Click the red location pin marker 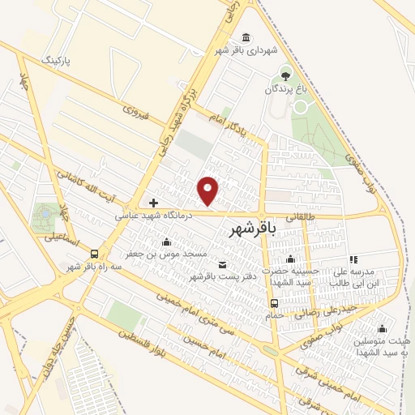(x=209, y=191)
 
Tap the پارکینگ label (x=56, y=61)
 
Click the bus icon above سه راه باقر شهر (x=95, y=254)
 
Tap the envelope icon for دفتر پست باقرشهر (x=223, y=265)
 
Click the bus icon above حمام (x=274, y=304)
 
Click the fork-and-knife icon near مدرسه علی (x=353, y=259)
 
